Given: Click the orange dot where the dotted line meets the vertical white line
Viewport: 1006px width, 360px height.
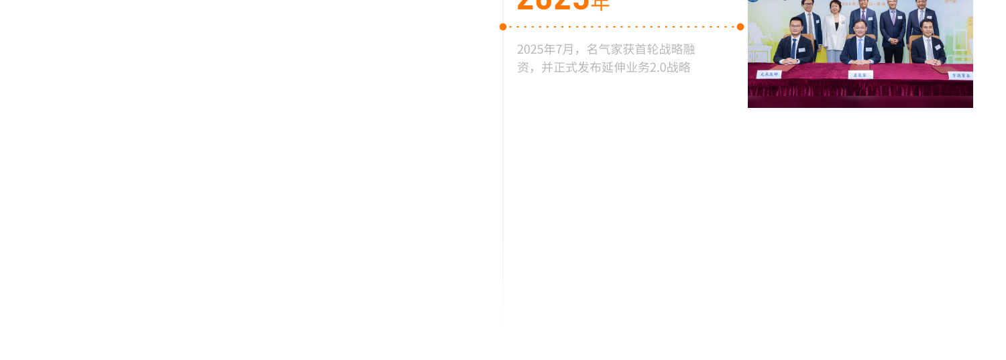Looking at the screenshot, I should (503, 27).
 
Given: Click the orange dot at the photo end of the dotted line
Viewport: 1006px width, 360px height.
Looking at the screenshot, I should (740, 27).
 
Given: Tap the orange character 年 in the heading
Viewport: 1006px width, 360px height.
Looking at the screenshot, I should (601, 5).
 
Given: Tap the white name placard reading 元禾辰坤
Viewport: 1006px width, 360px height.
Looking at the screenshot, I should (769, 74).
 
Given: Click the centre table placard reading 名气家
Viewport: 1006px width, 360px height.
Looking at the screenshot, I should (860, 75).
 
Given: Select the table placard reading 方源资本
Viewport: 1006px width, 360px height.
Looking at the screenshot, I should (960, 76).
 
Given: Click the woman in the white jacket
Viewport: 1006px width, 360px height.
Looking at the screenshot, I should (836, 30).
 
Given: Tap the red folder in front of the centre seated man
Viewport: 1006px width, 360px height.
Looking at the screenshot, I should (860, 66).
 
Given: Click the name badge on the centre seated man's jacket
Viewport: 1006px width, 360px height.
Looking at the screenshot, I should (869, 49).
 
